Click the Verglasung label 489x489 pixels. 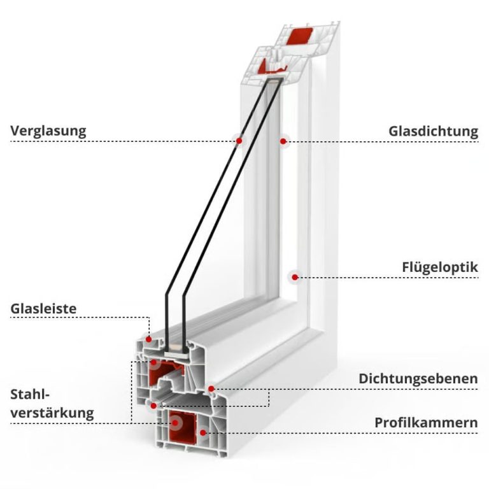(x=48, y=132)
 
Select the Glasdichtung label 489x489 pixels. (x=433, y=132)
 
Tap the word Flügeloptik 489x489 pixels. (x=439, y=267)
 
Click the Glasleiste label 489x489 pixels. (x=43, y=309)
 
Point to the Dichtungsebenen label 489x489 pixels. (x=418, y=379)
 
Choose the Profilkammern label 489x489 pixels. (x=426, y=422)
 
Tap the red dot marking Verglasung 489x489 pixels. (x=239, y=141)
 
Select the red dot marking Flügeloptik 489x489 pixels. (x=294, y=276)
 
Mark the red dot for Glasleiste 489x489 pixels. (x=148, y=339)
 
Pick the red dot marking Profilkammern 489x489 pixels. (x=202, y=432)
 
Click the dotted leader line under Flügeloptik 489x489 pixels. (x=388, y=277)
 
